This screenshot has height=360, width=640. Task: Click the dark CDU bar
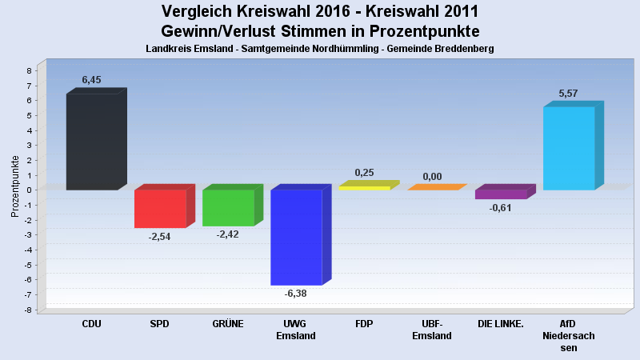coord(92,142)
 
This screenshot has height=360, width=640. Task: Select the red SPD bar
coord(160,208)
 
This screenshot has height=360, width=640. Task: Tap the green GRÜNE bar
coord(228,207)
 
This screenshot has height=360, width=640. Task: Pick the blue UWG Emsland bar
coord(296,237)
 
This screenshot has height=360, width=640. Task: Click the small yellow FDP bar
coord(364,187)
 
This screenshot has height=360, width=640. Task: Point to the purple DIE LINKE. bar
coord(501,194)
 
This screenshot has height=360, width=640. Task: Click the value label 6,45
coord(92,80)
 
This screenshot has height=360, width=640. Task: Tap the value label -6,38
coord(296,293)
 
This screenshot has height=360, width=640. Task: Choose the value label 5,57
coord(568,94)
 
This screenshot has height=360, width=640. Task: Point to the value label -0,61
coord(501,208)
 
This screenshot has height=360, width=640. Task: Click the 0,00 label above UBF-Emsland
coord(432,176)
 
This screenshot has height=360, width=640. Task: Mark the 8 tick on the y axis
coord(29,70)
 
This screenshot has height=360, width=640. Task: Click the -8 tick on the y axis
coord(28,310)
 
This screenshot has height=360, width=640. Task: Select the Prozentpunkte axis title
coord(15,186)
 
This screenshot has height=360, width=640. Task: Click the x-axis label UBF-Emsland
coord(432,330)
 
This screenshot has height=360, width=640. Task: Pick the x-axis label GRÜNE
coord(228,324)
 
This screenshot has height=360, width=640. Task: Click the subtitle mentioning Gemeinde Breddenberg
coord(320,49)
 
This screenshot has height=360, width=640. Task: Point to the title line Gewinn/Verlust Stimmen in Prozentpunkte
coord(320,31)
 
